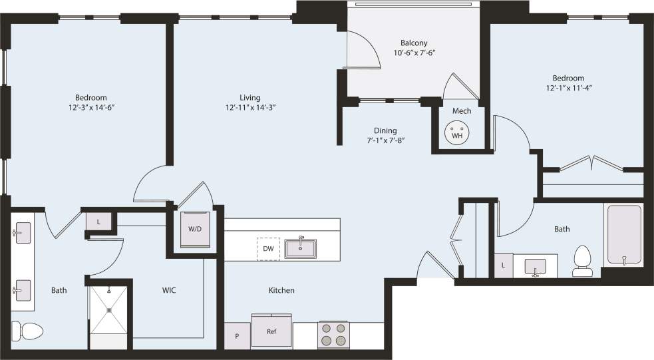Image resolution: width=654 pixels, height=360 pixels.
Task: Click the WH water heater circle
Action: (457, 132)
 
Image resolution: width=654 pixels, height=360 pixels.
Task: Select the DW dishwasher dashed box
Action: (268, 249)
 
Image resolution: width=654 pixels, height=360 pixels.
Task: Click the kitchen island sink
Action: (302, 248)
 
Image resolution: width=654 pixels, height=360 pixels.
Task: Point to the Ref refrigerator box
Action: (271, 331)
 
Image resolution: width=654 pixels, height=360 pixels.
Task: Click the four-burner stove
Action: (333, 335)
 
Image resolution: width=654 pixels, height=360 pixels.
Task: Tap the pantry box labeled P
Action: (237, 336)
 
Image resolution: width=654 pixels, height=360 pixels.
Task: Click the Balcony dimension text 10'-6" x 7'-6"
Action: (418, 53)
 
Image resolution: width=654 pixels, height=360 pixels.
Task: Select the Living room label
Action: (250, 97)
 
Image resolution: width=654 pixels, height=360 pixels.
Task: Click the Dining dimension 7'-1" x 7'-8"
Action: (385, 140)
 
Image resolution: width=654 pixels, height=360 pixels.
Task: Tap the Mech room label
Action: (462, 110)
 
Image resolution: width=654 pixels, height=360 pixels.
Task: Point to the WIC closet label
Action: (168, 290)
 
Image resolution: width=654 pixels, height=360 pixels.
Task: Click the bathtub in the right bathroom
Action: (623, 236)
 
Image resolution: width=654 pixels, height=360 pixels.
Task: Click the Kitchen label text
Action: (281, 290)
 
